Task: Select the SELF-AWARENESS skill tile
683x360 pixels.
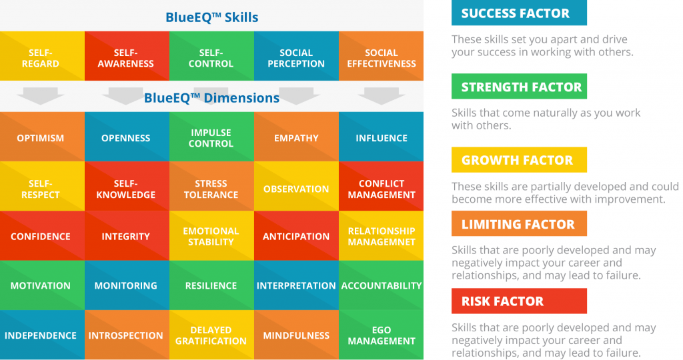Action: pyautogui.click(x=125, y=58)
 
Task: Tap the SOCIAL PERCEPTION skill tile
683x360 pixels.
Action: pyautogui.click(x=296, y=58)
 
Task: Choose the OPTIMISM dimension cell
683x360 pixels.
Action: pyautogui.click(x=41, y=138)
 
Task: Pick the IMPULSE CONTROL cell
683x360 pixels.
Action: pyautogui.click(x=211, y=138)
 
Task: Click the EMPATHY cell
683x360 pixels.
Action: pyautogui.click(x=296, y=138)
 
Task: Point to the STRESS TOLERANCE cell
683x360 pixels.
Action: pyautogui.click(x=211, y=189)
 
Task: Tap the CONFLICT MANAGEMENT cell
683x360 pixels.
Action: pyautogui.click(x=381, y=189)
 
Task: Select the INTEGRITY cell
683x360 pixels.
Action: pyautogui.click(x=125, y=236)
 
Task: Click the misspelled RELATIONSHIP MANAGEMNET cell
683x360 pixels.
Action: pyautogui.click(x=381, y=236)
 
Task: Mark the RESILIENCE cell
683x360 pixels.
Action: pyautogui.click(x=211, y=285)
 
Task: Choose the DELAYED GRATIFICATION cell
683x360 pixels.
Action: pyautogui.click(x=211, y=335)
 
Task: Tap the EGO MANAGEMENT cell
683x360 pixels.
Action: pyautogui.click(x=381, y=335)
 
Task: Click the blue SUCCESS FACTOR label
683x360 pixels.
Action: pyautogui.click(x=519, y=13)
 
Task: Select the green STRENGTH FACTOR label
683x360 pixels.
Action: pyautogui.click(x=519, y=87)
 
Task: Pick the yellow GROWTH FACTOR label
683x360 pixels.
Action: pyautogui.click(x=519, y=160)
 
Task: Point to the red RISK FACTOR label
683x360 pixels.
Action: pyautogui.click(x=519, y=301)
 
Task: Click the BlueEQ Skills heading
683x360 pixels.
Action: pyautogui.click(x=211, y=17)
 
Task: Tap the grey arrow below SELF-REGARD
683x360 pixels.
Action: pyautogui.click(x=40, y=96)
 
